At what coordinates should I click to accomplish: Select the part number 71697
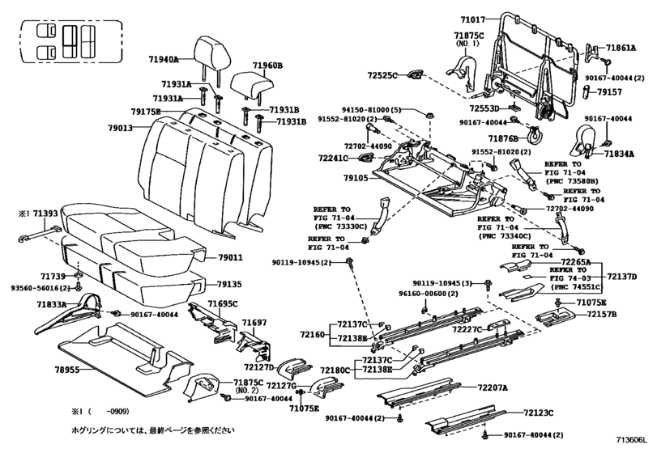click(255, 323)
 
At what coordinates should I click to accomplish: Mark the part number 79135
click(231, 285)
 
